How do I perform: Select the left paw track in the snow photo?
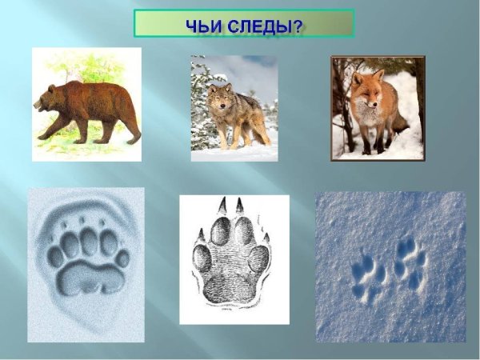(369, 277)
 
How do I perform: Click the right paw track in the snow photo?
(409, 264)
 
